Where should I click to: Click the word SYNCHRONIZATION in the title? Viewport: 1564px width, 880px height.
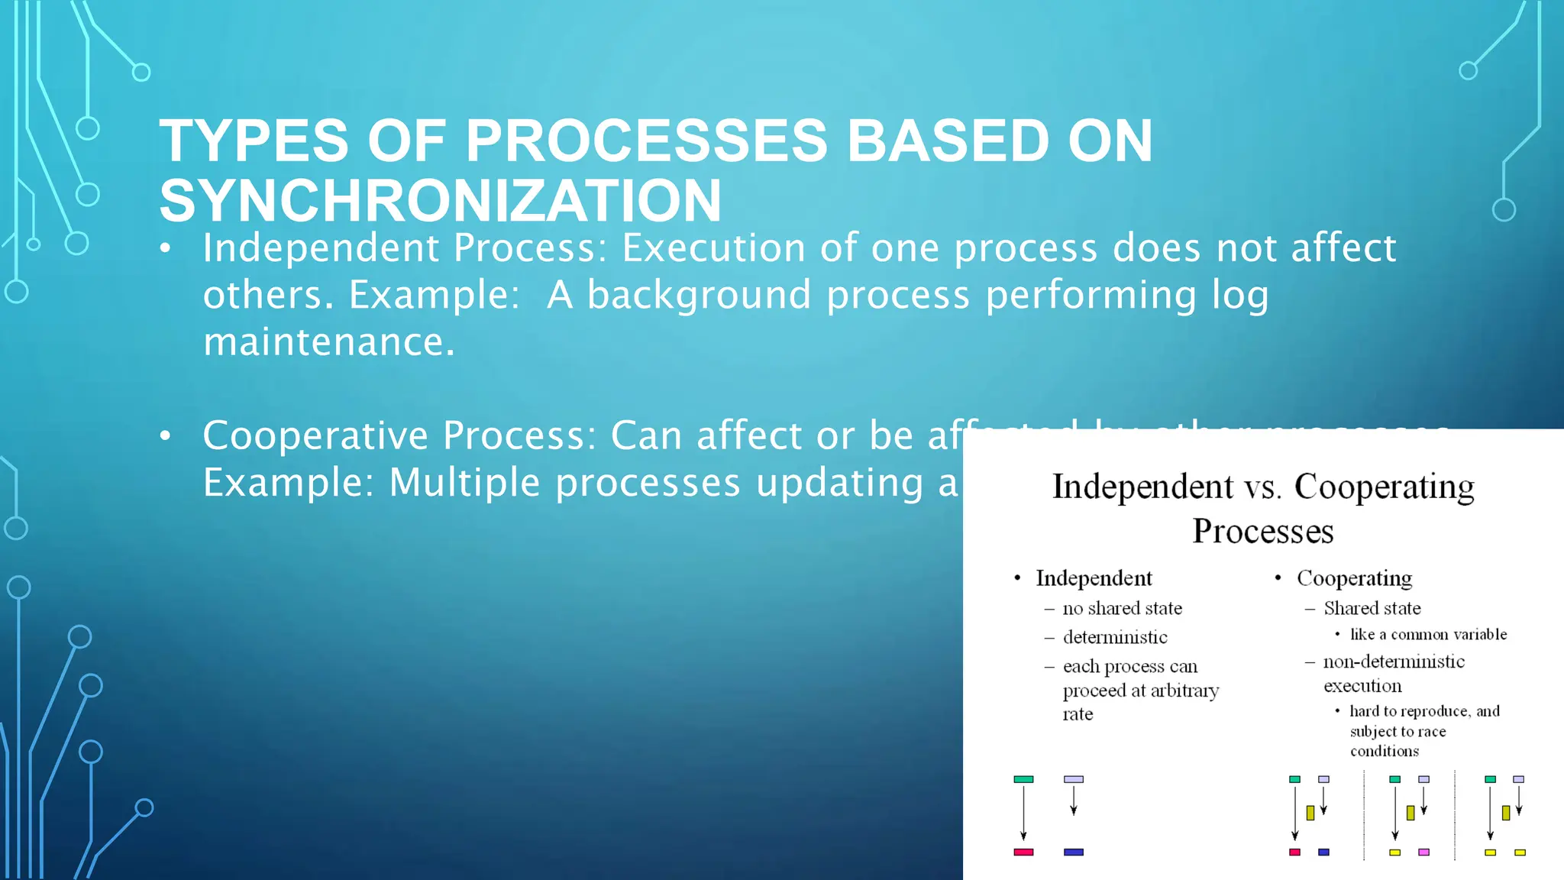click(440, 201)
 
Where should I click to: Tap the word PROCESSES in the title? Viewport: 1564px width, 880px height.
click(646, 141)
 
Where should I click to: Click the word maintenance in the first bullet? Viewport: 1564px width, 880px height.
click(328, 341)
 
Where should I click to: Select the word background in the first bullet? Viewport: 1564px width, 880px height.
click(698, 295)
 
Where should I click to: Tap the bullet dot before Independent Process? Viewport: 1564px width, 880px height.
click(166, 249)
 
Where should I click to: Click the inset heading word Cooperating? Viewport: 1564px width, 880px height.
click(1384, 487)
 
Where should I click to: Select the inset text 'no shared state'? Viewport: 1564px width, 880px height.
click(1122, 608)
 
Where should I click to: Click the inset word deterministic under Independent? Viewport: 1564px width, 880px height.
click(1115, 637)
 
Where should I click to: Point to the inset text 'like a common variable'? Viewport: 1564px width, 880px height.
click(1428, 634)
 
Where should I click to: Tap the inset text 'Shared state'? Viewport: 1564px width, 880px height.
click(1372, 608)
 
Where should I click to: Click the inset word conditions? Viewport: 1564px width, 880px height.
click(1384, 751)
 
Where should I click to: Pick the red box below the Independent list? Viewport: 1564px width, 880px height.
click(1023, 852)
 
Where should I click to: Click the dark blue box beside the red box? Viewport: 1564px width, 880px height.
click(1073, 852)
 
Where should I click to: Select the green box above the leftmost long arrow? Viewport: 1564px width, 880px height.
click(1023, 779)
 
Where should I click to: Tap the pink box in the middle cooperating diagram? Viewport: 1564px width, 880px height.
click(1423, 852)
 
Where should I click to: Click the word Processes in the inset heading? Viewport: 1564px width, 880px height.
click(1263, 531)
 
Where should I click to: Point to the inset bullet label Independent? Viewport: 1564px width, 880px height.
click(1094, 578)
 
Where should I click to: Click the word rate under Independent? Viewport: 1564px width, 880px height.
click(1078, 714)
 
